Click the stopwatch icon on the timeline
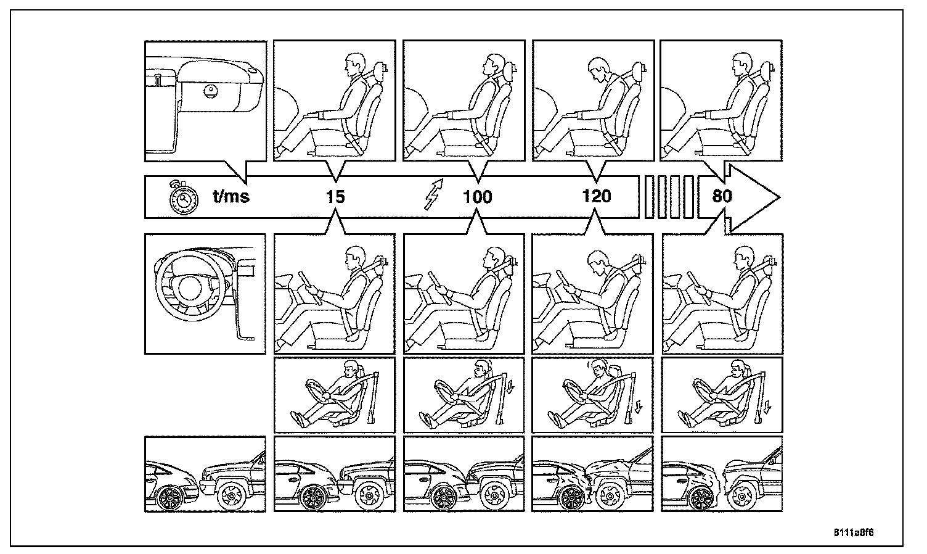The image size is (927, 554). click(183, 197)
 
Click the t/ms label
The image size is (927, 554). click(231, 197)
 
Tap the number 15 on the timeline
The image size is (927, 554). click(335, 197)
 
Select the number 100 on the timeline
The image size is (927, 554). click(478, 197)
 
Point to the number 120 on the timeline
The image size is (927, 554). click(596, 197)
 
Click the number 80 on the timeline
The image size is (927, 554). click(722, 197)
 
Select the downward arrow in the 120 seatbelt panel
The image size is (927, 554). click(639, 407)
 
